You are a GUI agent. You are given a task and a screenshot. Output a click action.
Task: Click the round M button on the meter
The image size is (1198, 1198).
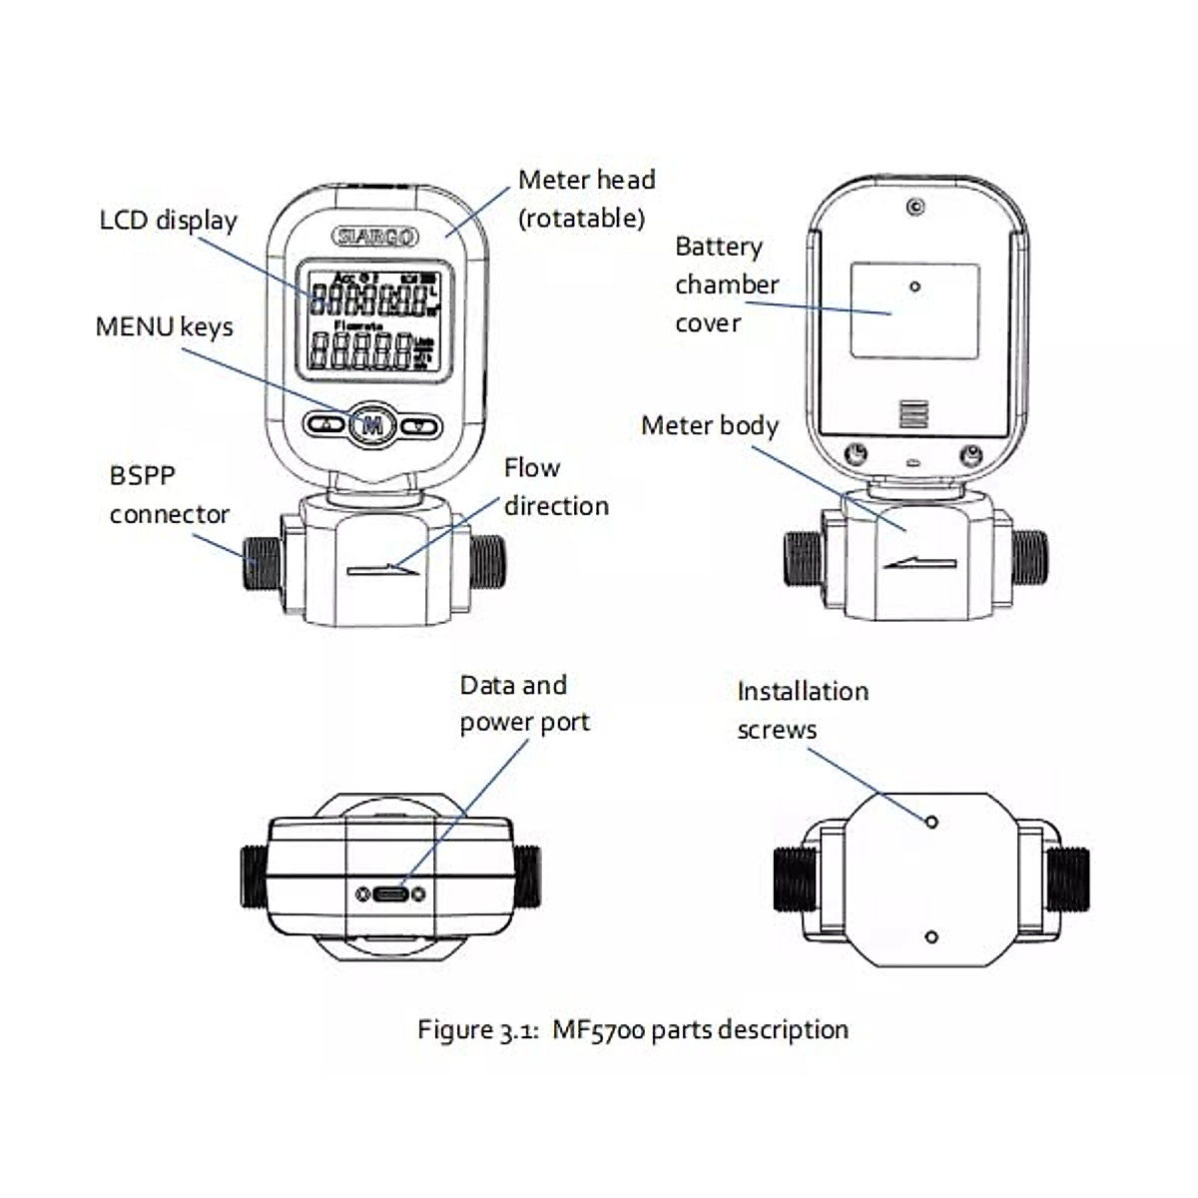[372, 424]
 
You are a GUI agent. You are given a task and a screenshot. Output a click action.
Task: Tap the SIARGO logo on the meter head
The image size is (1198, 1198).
[375, 237]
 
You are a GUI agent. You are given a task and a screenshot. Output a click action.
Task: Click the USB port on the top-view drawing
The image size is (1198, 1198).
[388, 894]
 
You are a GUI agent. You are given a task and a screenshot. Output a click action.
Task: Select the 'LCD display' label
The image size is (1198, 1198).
[168, 221]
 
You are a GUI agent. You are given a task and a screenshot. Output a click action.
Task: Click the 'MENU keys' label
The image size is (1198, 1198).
[164, 327]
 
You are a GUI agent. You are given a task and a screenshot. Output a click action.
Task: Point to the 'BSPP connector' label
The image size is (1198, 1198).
[168, 495]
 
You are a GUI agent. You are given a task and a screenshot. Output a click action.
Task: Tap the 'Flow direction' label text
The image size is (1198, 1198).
[555, 487]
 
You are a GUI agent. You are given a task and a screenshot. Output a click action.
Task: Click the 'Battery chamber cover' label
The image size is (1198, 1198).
[726, 285]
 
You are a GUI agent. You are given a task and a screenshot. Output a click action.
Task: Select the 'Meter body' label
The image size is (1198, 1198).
[709, 426]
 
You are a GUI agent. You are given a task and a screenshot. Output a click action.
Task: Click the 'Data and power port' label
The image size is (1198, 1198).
[524, 704]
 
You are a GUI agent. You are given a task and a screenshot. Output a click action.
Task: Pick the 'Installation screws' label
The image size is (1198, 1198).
[802, 710]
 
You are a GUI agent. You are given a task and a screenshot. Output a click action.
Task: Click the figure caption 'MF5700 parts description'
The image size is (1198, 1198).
[633, 1029]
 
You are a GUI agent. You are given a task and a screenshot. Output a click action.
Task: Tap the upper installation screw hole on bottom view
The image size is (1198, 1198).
[930, 821]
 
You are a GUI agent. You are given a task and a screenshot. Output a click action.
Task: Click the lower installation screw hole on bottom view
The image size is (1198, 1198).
[930, 936]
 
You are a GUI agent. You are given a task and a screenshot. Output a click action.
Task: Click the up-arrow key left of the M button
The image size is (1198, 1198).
[325, 425]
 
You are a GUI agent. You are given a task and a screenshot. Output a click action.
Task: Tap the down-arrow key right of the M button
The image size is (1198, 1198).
[419, 425]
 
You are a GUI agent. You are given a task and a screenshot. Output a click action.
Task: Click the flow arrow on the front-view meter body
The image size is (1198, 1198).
[384, 570]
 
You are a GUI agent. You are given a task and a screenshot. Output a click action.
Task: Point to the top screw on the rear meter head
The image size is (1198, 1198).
[914, 208]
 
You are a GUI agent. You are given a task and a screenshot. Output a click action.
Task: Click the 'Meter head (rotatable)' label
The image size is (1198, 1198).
[586, 199]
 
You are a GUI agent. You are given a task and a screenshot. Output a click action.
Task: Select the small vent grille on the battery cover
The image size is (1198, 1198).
[913, 414]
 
